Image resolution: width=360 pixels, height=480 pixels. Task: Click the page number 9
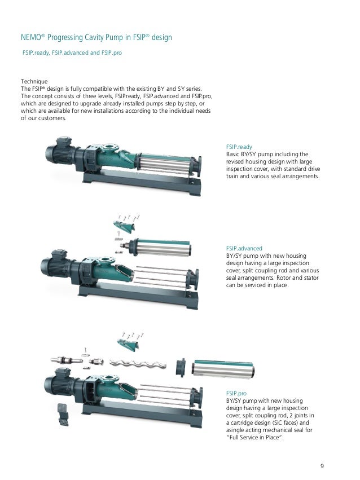(x=322, y=466)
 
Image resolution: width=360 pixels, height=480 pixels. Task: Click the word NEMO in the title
(x=31, y=37)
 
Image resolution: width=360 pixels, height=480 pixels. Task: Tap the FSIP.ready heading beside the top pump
(x=239, y=147)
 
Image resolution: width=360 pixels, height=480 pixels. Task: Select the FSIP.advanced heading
(x=244, y=248)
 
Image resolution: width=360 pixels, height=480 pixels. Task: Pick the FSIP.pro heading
(x=236, y=393)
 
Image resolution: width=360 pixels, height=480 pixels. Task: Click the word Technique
(x=34, y=81)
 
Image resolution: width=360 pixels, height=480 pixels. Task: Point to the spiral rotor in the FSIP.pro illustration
(x=138, y=363)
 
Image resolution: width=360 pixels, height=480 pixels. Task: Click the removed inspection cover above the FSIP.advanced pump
(x=124, y=226)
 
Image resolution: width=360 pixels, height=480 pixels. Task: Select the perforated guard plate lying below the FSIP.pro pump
(x=63, y=414)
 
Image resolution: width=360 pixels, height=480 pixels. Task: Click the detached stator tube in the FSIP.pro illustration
(x=223, y=369)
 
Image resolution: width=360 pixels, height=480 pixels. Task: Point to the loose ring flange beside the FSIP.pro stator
(x=181, y=367)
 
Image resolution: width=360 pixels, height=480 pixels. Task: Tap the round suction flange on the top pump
(x=109, y=149)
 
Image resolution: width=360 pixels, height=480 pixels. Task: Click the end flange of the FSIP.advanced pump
(x=193, y=279)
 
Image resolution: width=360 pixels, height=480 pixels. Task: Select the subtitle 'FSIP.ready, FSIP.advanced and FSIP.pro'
(x=72, y=52)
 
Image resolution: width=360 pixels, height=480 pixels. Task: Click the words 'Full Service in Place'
(x=254, y=438)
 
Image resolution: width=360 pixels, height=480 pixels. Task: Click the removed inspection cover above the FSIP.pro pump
(x=129, y=344)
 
